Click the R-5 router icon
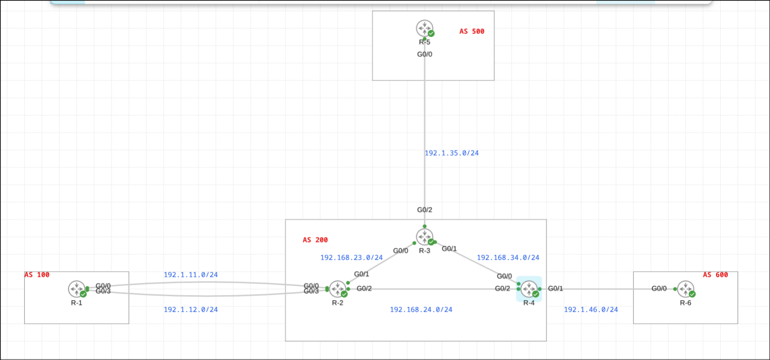424,28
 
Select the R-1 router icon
77,289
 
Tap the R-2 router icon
338,289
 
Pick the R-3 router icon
425,237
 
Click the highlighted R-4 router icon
529,289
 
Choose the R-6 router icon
685,289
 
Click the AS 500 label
472,32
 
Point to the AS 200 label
315,240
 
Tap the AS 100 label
37,275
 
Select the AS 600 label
715,275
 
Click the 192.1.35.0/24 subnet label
451,153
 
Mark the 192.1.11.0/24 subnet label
191,275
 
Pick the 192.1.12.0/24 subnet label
191,310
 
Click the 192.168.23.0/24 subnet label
351,258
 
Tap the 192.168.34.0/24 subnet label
508,258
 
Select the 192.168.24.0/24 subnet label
421,310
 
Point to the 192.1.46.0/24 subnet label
591,310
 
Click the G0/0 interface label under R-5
424,54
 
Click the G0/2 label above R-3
424,210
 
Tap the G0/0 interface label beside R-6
659,288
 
